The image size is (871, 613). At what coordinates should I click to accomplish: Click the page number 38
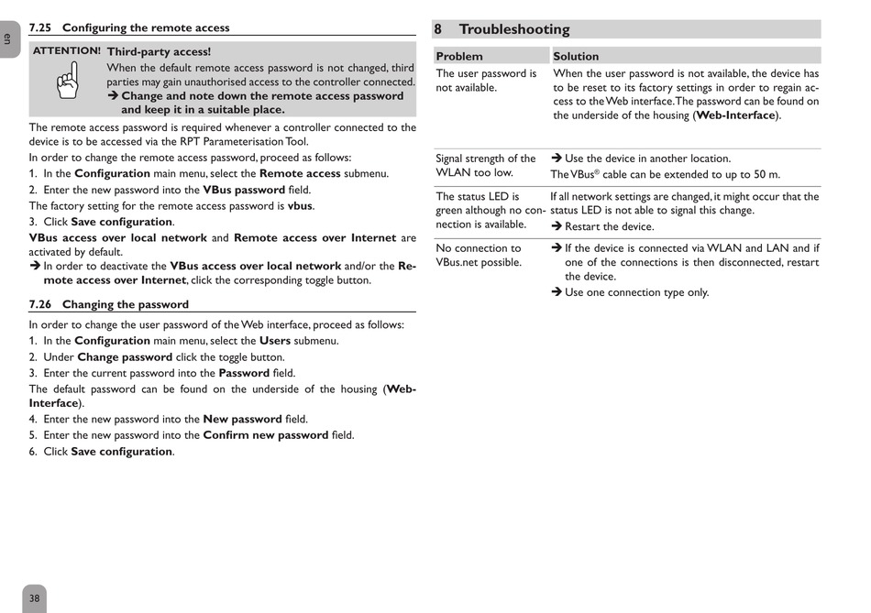(34, 598)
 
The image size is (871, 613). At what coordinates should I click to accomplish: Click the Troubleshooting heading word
(513, 29)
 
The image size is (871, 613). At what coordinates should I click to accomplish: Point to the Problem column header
(459, 56)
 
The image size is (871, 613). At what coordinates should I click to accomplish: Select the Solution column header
(576, 56)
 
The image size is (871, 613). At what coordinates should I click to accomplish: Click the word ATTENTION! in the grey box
(67, 51)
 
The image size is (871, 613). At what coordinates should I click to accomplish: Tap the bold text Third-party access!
(159, 52)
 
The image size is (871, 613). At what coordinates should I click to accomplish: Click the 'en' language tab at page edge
(7, 38)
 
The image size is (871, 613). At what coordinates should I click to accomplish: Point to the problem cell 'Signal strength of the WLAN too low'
(486, 166)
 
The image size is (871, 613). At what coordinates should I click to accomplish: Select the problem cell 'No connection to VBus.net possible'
(479, 255)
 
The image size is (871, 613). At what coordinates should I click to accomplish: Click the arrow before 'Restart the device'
(557, 226)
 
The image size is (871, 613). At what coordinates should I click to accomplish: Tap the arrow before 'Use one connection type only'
(557, 292)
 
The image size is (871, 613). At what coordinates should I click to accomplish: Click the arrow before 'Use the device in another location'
(557, 159)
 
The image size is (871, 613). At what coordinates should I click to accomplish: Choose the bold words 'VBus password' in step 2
(244, 190)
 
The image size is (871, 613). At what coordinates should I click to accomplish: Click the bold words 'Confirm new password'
(266, 435)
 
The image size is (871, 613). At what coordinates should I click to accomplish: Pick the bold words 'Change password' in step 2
(125, 356)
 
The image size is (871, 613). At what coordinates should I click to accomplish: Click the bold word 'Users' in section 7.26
(275, 340)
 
